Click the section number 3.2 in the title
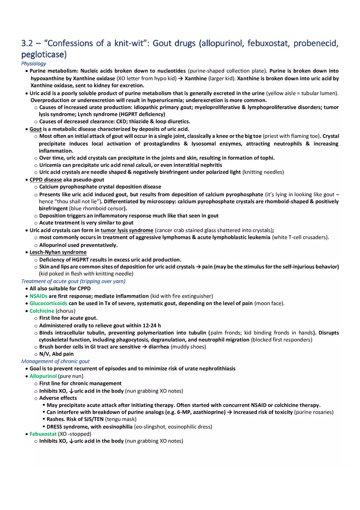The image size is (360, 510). pyautogui.click(x=28, y=43)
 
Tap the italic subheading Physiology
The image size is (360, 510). pyautogui.click(x=34, y=63)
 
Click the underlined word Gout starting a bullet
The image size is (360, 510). pyautogui.click(x=36, y=129)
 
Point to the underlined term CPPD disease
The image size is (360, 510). pyautogui.click(x=46, y=180)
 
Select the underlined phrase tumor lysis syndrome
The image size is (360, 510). pyautogui.click(x=127, y=230)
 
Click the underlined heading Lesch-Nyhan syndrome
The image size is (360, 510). pyautogui.click(x=58, y=252)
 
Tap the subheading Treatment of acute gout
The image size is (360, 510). pyautogui.click(x=73, y=281)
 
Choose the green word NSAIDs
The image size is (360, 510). pyautogui.click(x=38, y=296)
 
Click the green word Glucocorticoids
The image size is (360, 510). pyautogui.click(x=48, y=303)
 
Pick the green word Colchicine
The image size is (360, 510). pyautogui.click(x=42, y=311)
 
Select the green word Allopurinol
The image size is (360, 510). pyautogui.click(x=43, y=376)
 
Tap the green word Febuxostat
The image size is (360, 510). pyautogui.click(x=43, y=434)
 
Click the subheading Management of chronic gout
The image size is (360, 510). pyautogui.click(x=55, y=361)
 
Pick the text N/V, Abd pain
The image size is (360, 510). pyautogui.click(x=56, y=354)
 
